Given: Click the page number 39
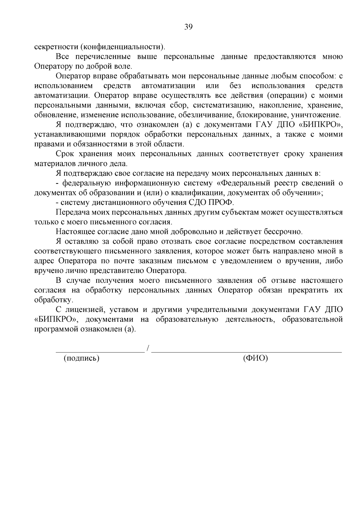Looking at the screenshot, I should click(x=188, y=27).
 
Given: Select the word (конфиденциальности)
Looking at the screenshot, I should click(x=123, y=47).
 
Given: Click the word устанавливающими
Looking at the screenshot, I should click(x=65, y=135).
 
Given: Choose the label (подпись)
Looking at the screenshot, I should click(x=81, y=358).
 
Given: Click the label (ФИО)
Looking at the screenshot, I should click(x=255, y=358).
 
